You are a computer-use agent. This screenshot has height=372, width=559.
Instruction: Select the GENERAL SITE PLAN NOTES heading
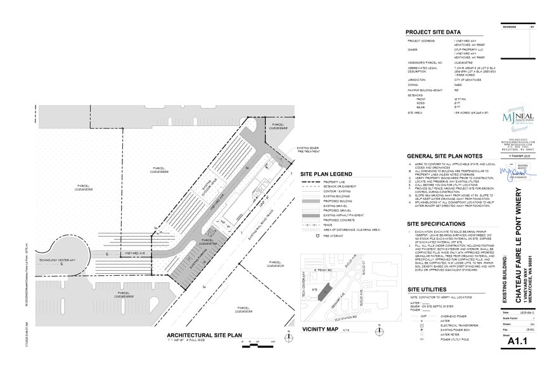click(x=444, y=156)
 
